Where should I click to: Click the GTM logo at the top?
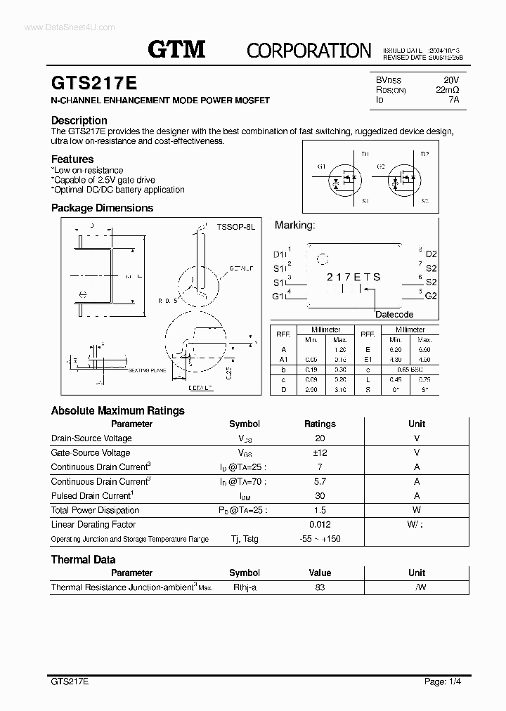coord(176,49)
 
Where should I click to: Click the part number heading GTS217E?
coord(94,82)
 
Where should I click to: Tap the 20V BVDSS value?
coord(451,80)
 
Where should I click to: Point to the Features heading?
coord(72,159)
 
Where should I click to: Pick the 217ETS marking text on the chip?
coord(353,277)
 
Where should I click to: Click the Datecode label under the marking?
coord(394,314)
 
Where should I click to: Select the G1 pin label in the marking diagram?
coord(279,296)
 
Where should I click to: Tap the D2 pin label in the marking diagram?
coord(431,254)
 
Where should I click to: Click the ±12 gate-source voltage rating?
coord(320,453)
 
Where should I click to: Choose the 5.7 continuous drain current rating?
coord(320,482)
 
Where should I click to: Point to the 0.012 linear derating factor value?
coord(320,525)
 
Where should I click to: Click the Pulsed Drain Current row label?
coord(92,496)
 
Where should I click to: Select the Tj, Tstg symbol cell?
coord(244,539)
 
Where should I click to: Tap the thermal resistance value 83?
coord(320,587)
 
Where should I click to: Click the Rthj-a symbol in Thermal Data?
coord(244,587)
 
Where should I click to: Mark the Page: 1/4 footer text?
coord(443,681)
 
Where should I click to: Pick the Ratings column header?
coord(320,424)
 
